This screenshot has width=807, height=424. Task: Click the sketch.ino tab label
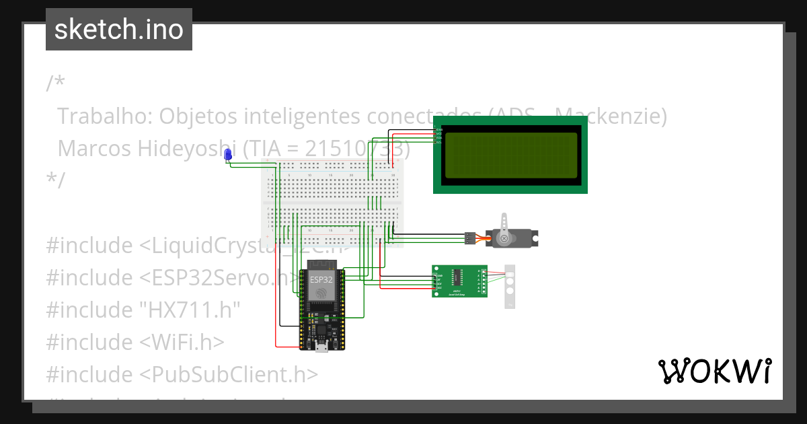[118, 30]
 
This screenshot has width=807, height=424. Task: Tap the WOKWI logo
[714, 371]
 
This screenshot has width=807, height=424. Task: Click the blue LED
[227, 155]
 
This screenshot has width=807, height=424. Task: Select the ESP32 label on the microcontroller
[321, 279]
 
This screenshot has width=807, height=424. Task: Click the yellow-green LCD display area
[510, 155]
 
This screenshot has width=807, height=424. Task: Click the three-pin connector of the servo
[468, 238]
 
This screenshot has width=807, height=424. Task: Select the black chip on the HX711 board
[457, 277]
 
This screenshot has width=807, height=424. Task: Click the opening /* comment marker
[56, 84]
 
